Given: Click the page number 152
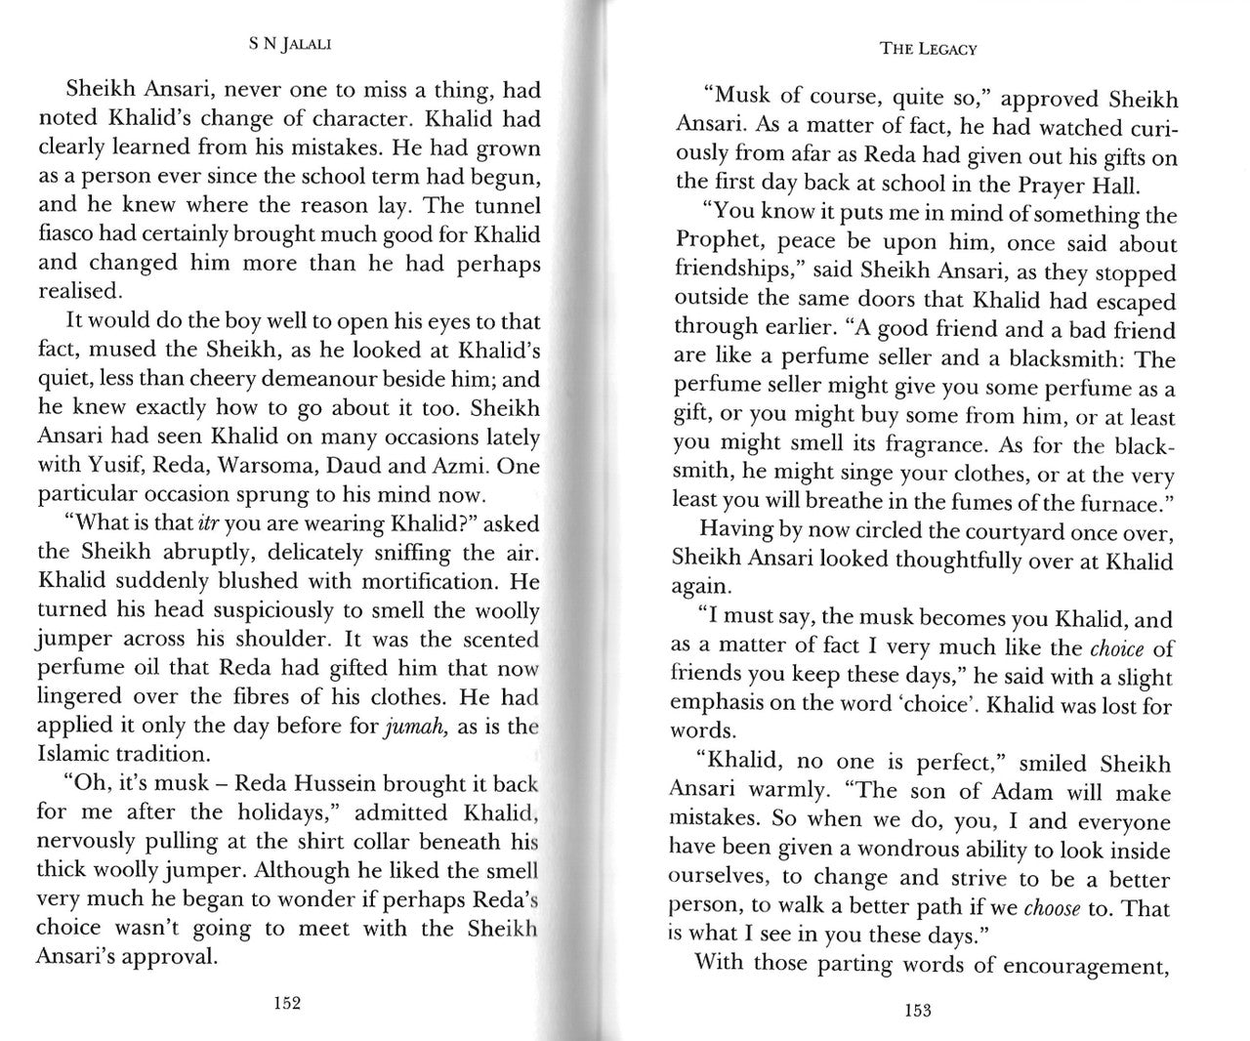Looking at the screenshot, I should point(287,1002).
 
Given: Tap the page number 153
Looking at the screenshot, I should point(917,1010).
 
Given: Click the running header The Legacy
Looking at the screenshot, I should point(928,48).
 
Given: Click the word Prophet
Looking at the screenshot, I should point(710,243).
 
